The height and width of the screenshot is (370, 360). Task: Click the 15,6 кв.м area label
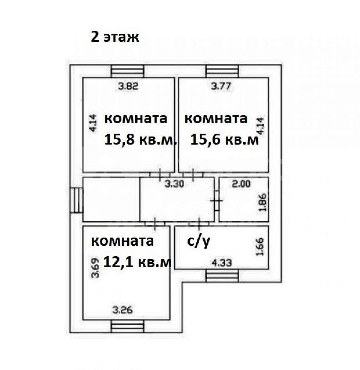pos(224,140)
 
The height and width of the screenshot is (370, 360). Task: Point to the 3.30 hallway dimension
pos(174,184)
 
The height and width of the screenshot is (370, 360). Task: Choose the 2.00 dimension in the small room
pos(241,184)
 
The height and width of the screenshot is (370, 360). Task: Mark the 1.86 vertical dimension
pos(263,202)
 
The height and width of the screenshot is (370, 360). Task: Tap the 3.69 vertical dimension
pos(95,268)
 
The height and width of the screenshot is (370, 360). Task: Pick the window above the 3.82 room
pos(127,71)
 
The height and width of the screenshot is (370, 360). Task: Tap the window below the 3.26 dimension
pos(127,326)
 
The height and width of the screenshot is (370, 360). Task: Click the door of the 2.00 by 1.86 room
pos(217,200)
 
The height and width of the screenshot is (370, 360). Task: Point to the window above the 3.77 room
pos(222,71)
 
